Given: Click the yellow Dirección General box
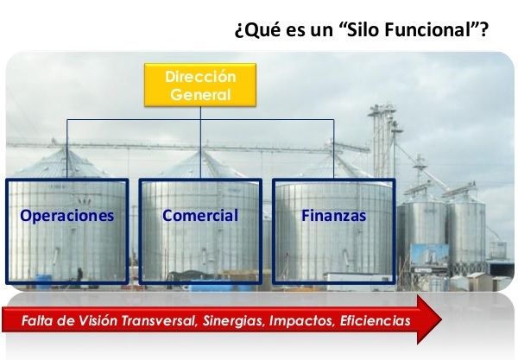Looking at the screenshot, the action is pyautogui.click(x=200, y=85).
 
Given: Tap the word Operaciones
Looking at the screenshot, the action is pyautogui.click(x=67, y=216).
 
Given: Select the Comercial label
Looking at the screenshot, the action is pyautogui.click(x=200, y=215).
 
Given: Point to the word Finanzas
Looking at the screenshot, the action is pyautogui.click(x=333, y=216).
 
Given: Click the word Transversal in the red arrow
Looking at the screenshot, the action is pyautogui.click(x=160, y=320).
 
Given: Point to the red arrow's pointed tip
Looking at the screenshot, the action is pyautogui.click(x=442, y=319).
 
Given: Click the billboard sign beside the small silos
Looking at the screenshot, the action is pyautogui.click(x=429, y=255).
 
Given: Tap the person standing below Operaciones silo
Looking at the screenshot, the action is pyautogui.click(x=80, y=275).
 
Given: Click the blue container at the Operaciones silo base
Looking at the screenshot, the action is pyautogui.click(x=44, y=281).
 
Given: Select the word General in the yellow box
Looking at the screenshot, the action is pyautogui.click(x=200, y=95).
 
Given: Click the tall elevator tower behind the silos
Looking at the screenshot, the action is pyautogui.click(x=382, y=142).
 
